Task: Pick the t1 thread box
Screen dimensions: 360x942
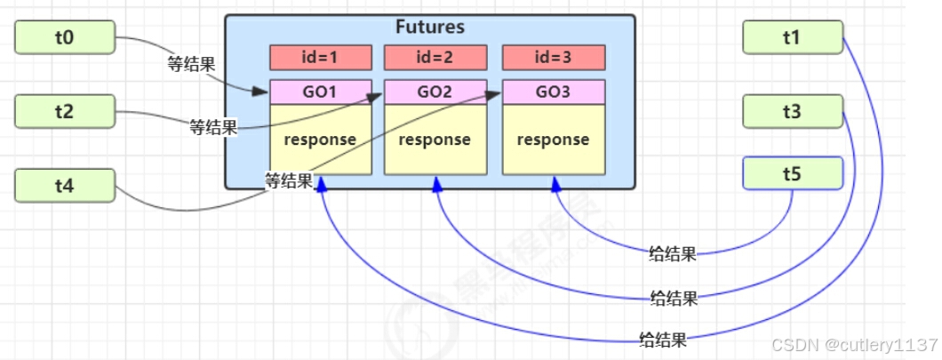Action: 792,37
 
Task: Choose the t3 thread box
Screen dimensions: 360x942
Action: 792,112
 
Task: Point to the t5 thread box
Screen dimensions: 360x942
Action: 792,173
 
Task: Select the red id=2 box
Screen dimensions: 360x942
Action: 435,58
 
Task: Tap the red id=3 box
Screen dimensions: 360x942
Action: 553,58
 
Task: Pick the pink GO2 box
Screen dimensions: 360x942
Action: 435,92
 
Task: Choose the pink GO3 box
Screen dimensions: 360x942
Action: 553,92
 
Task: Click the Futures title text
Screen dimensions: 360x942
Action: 430,28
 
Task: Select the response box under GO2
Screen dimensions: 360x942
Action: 435,140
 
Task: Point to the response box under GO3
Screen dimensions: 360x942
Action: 553,140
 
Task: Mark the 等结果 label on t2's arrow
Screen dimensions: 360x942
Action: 213,128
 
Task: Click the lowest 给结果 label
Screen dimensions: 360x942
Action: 663,339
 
